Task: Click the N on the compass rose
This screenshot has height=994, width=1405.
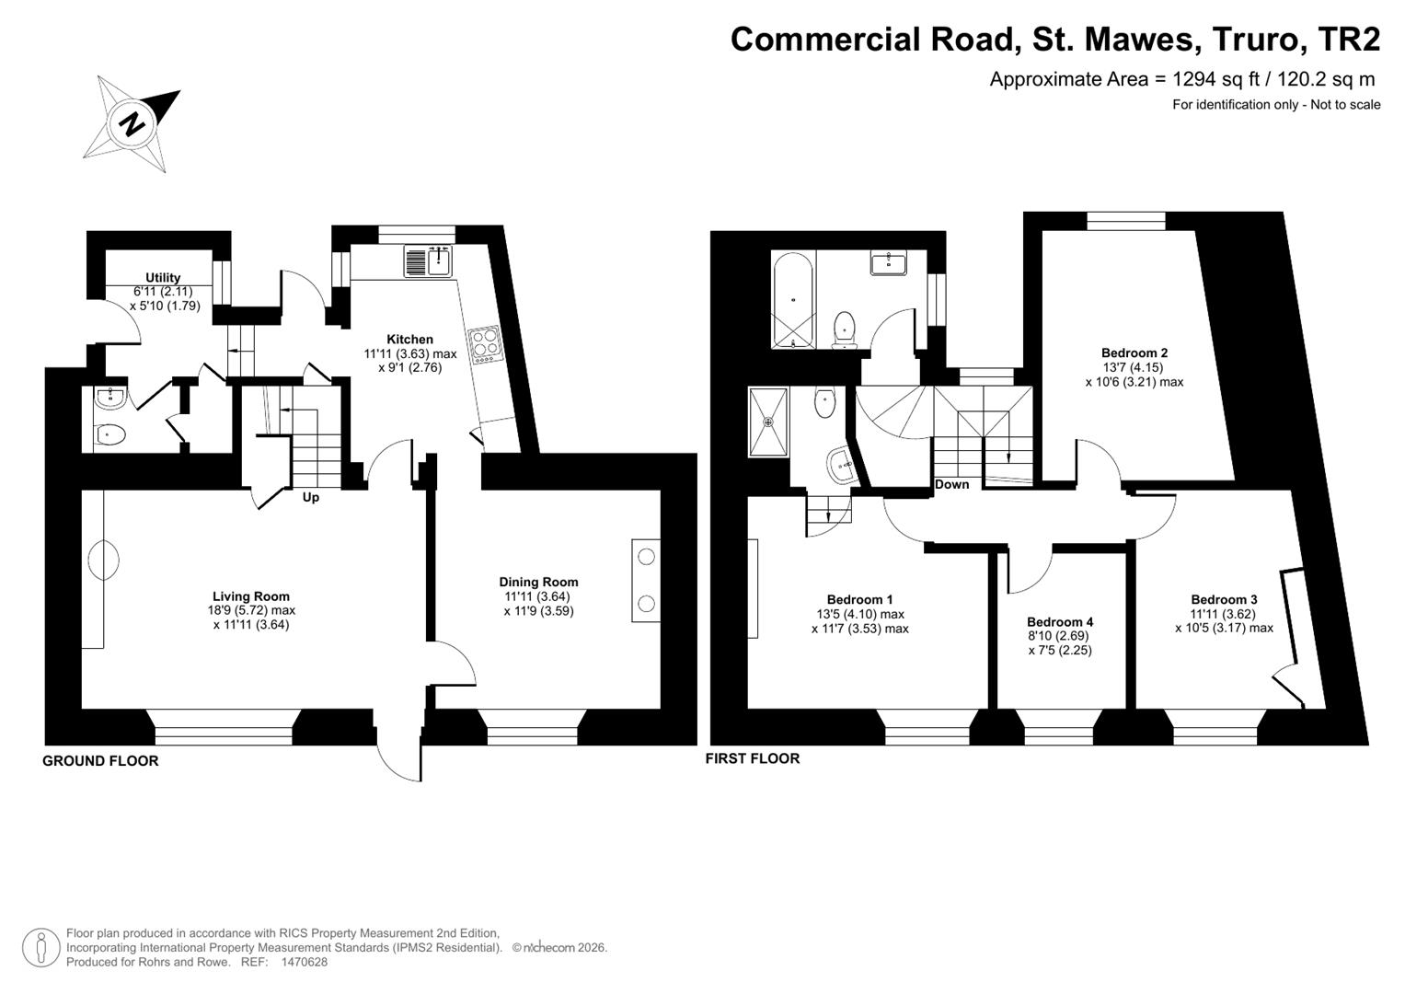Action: [x=132, y=123]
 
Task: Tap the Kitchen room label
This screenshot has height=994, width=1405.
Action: [x=409, y=339]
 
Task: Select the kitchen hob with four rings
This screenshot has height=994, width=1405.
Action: [x=486, y=344]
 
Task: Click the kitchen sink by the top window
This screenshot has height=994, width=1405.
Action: [x=428, y=261]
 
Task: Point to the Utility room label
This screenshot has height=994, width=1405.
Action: [x=163, y=277]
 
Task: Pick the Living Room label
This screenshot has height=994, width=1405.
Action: [x=251, y=596]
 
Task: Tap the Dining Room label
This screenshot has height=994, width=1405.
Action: [x=538, y=582]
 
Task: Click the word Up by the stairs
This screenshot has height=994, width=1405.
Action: [x=311, y=498]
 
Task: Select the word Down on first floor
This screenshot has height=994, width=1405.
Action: [x=951, y=484]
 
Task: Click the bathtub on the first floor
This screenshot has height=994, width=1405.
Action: [x=793, y=300]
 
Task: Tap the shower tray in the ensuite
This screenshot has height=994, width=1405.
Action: [x=768, y=422]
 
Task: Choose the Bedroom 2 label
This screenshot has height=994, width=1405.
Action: [x=1134, y=353]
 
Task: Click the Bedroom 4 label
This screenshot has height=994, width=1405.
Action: [x=1060, y=621]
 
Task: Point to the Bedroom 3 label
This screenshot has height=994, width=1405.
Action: [x=1224, y=599]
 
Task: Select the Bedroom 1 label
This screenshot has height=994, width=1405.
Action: [x=859, y=599]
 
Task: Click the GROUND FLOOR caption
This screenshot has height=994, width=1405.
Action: [x=100, y=760]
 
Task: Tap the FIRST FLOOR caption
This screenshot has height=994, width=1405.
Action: [x=753, y=758]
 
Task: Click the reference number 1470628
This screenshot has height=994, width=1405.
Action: [x=305, y=962]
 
